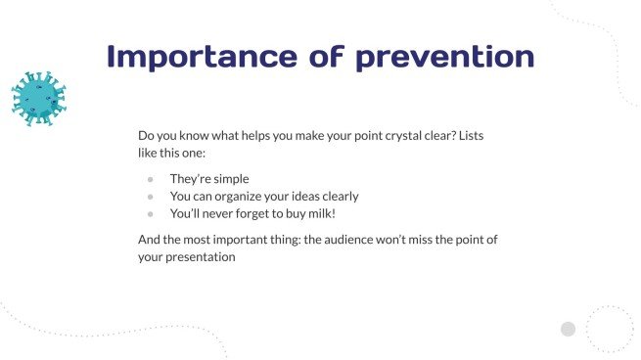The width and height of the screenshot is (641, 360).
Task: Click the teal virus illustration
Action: (38, 99)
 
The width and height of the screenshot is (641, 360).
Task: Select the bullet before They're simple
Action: (150, 180)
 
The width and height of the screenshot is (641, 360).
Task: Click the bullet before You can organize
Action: (150, 197)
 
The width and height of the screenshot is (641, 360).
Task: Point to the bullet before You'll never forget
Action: (150, 213)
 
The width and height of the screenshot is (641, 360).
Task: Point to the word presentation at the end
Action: (202, 257)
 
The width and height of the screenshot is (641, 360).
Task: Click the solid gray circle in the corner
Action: (568, 329)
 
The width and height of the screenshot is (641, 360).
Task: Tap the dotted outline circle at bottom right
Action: (610, 329)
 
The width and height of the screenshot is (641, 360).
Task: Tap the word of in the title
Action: (315, 56)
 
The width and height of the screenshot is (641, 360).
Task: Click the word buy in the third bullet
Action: (298, 213)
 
